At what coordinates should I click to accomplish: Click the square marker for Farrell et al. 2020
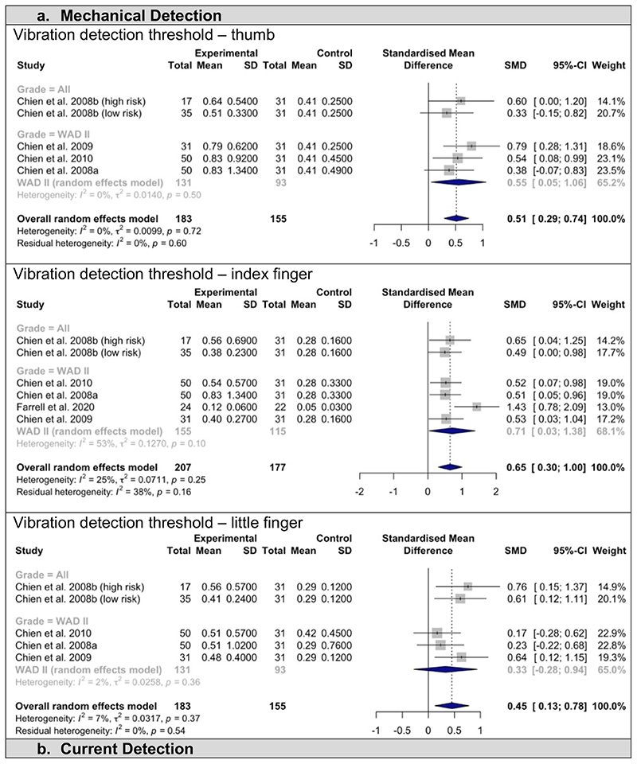[476, 406]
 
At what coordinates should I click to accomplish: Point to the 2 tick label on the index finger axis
[495, 491]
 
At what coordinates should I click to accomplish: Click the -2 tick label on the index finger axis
[359, 491]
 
